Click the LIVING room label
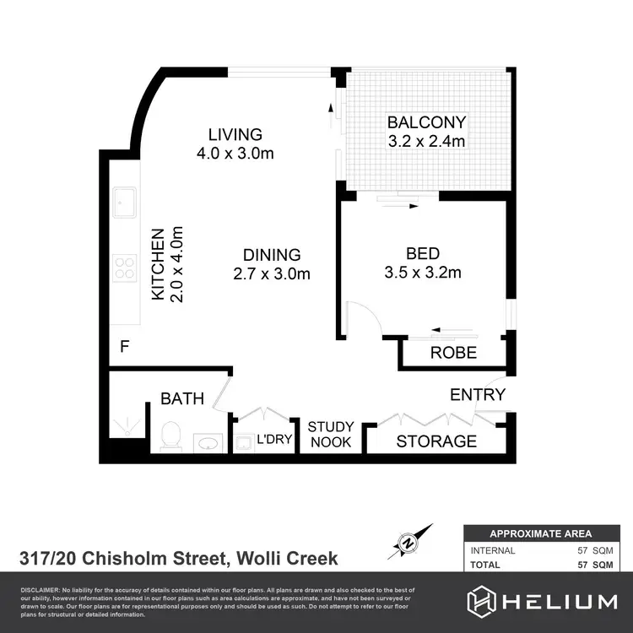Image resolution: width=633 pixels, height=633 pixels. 235,134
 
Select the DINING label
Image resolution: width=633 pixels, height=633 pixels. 271,254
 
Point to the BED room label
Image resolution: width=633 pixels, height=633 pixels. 422,253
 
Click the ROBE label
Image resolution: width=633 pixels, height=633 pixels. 453,353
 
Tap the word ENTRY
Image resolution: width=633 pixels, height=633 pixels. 477,394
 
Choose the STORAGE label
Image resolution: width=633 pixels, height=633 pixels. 436,441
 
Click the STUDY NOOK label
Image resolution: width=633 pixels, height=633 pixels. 331,434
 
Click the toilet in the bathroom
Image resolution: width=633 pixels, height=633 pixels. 170,436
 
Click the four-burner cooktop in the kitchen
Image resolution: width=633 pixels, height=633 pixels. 125,268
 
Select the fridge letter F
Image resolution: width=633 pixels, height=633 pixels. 124,346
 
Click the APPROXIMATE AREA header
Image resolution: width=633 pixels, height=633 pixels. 541,533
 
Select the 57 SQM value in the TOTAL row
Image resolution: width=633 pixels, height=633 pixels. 594,565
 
